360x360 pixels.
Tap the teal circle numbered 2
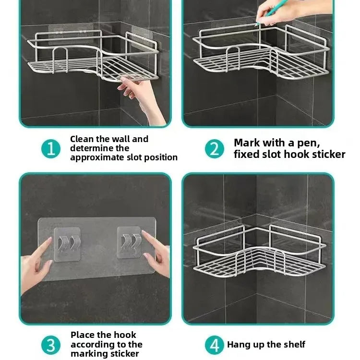(x=215, y=148)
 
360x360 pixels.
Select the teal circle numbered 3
(x=51, y=345)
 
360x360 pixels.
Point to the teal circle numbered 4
(x=215, y=345)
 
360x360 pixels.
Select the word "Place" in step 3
(x=83, y=335)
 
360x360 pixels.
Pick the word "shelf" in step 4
(x=294, y=345)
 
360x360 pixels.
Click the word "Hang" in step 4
(x=238, y=345)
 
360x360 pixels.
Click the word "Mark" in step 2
(x=247, y=143)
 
